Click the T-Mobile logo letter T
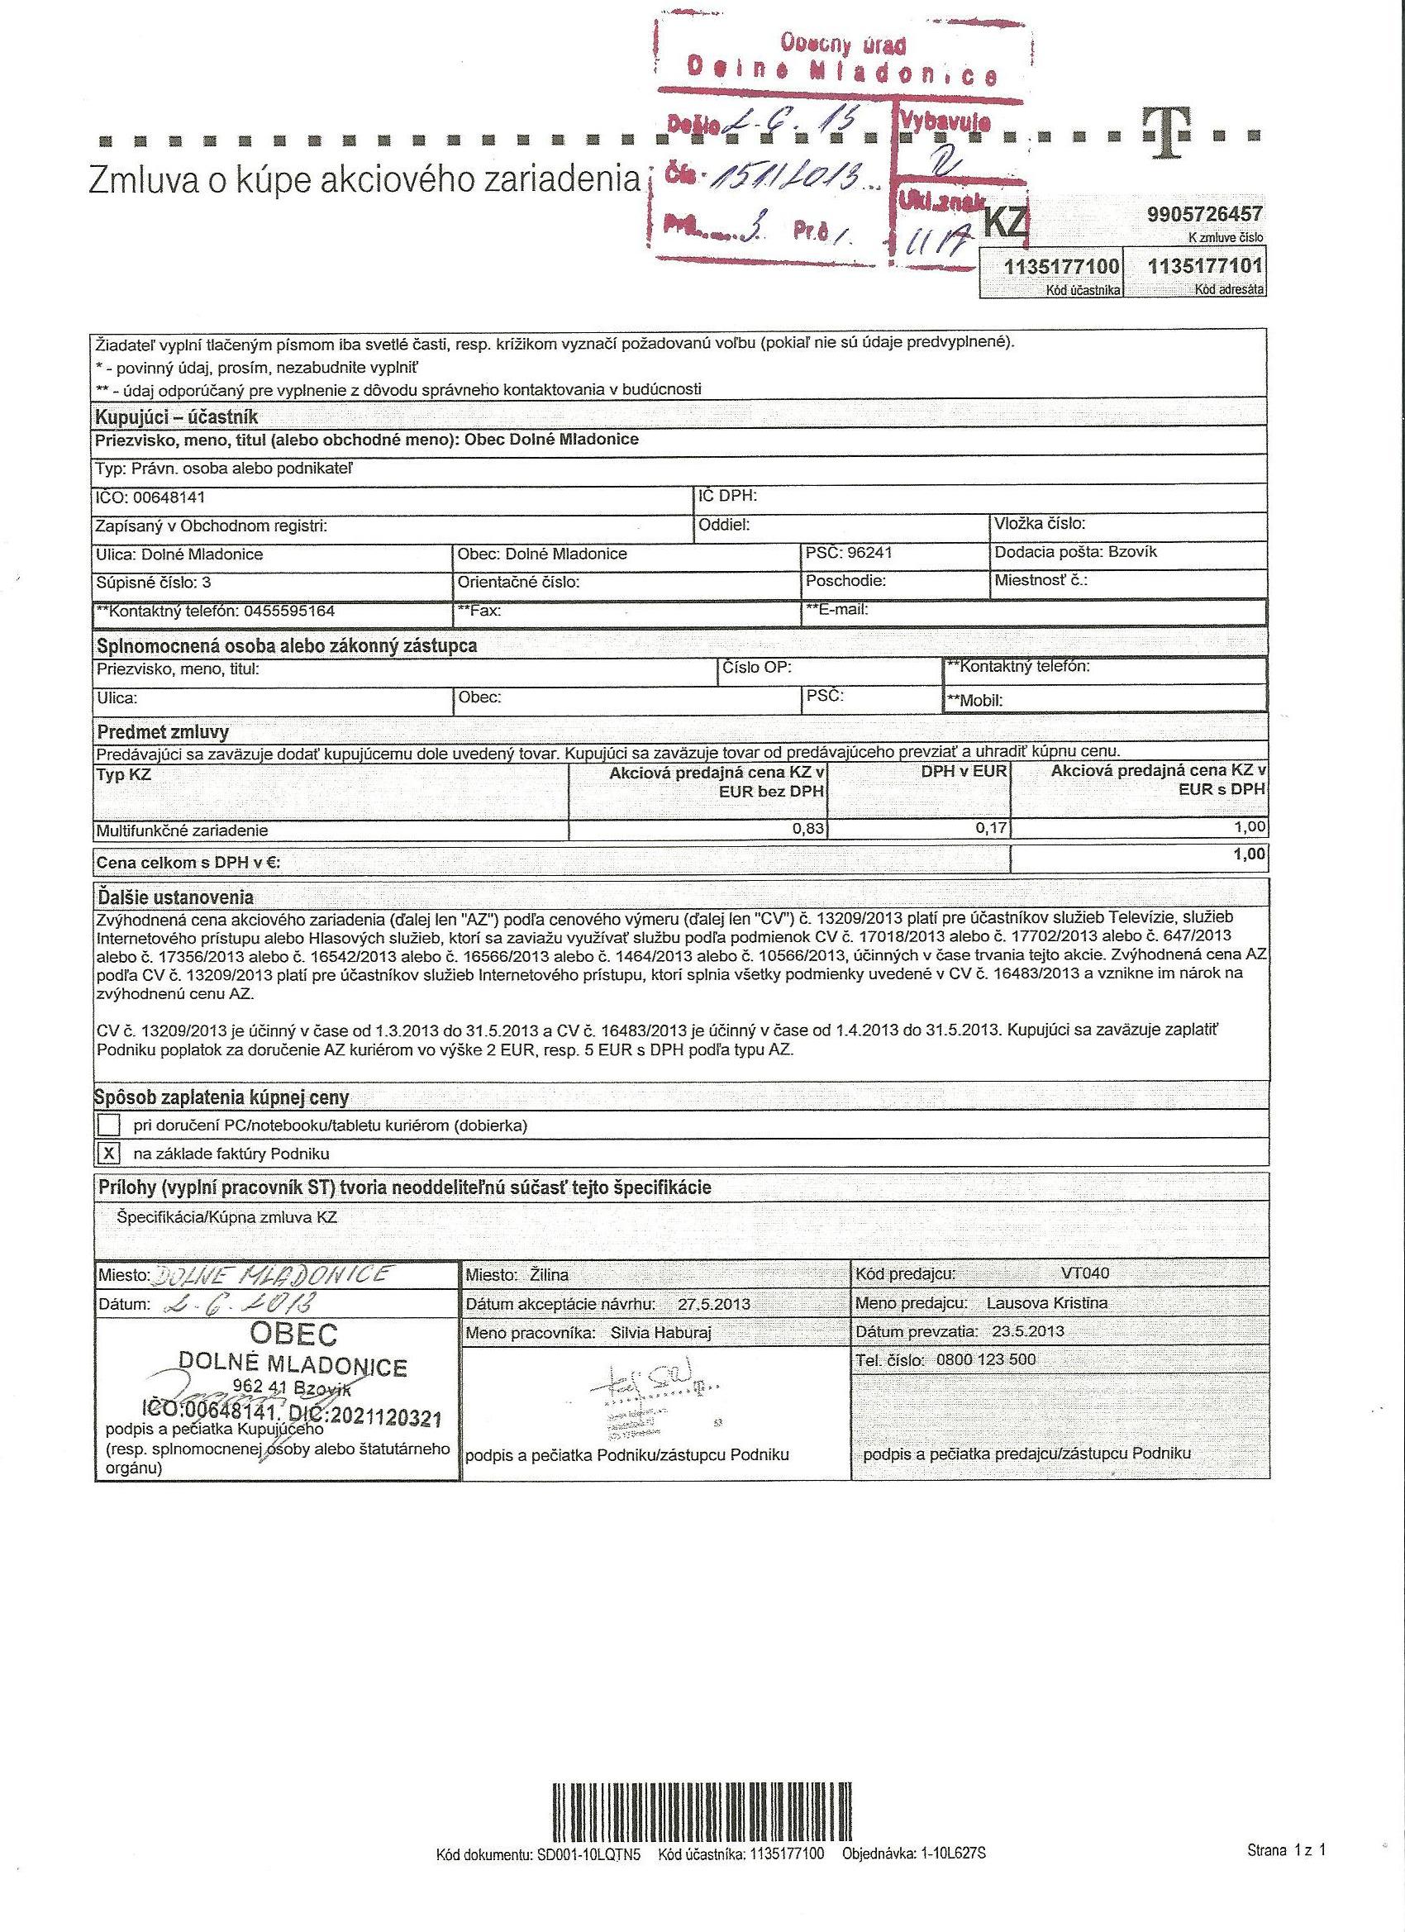(1165, 135)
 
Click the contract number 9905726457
(1205, 215)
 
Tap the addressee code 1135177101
(1205, 268)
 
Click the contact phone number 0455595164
(288, 611)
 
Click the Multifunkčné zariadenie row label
(183, 830)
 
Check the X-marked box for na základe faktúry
(109, 1154)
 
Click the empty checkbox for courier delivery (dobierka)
(109, 1125)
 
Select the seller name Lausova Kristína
(1046, 1302)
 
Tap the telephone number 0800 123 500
(985, 1359)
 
